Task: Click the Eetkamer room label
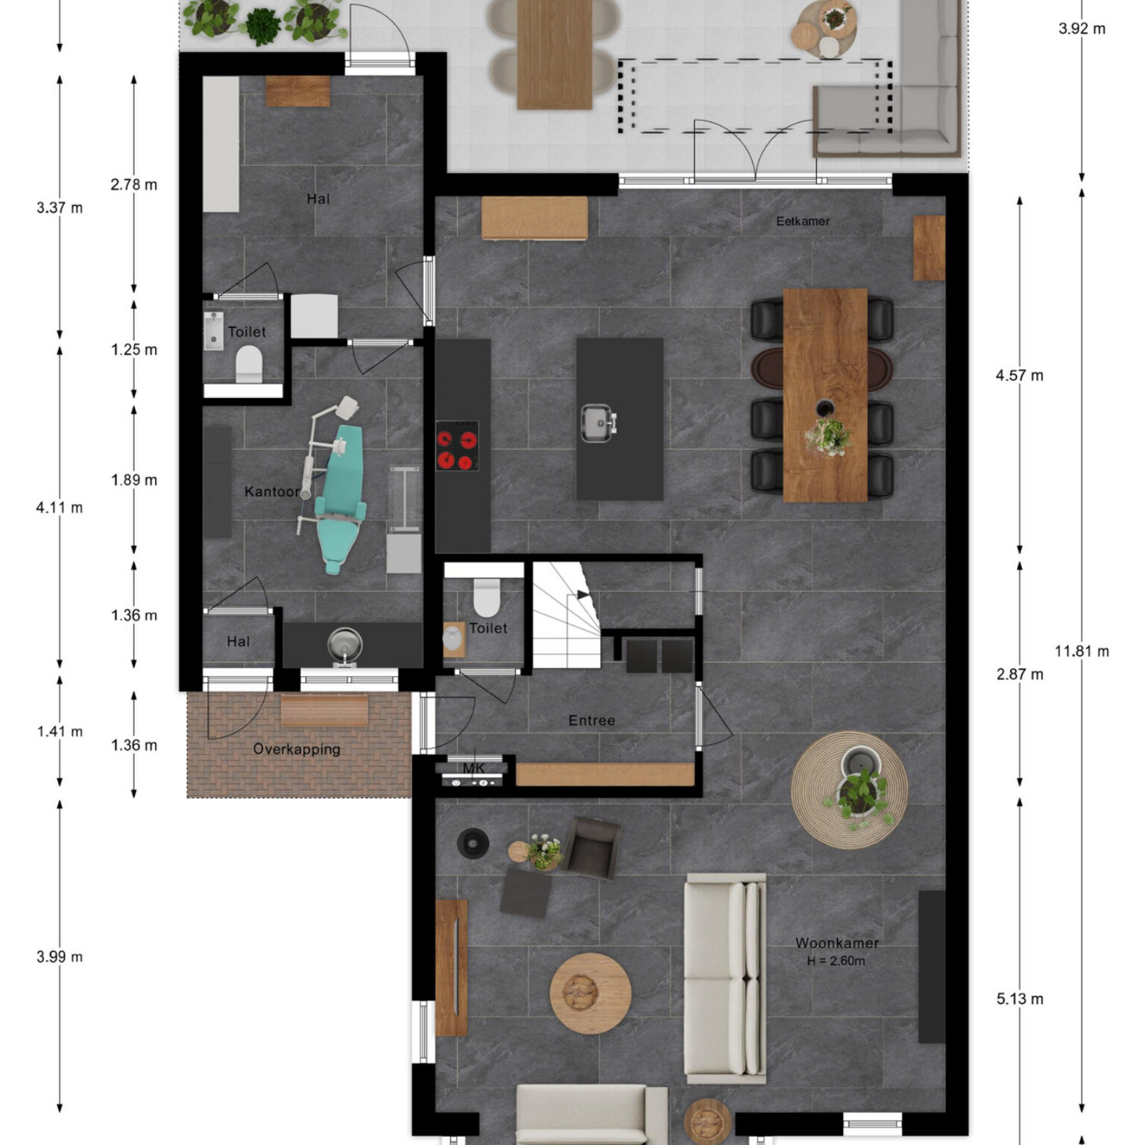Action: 803,221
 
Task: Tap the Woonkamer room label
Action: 837,943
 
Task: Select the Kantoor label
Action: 272,492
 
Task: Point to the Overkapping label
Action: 297,749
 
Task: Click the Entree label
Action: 592,721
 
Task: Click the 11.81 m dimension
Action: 1082,652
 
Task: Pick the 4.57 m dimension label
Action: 1020,376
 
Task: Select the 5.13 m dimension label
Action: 1020,1000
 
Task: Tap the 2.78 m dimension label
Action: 134,185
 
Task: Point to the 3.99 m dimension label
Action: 60,957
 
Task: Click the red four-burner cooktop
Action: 457,446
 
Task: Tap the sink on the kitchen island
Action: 598,423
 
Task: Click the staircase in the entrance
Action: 567,616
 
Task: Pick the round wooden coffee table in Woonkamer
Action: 590,993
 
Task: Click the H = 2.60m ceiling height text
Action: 836,962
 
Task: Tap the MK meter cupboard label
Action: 474,769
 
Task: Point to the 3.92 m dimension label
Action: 1082,29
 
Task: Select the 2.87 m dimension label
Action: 1020,675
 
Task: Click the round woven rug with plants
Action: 850,790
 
